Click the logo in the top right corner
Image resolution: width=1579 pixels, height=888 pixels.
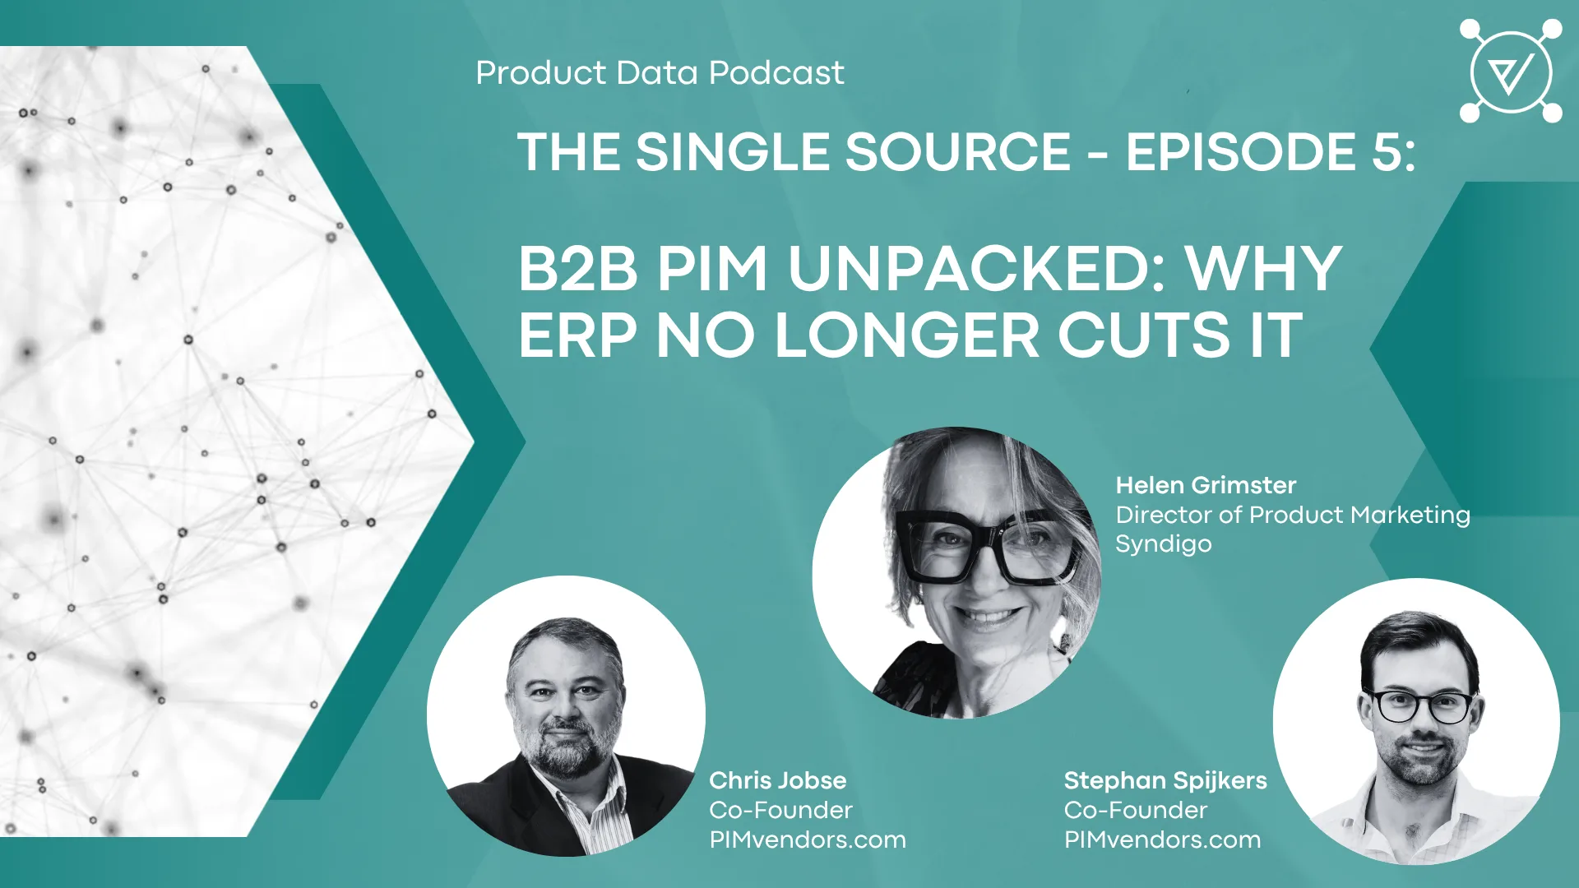pos(1511,72)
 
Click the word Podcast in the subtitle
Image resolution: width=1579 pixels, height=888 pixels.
pos(776,73)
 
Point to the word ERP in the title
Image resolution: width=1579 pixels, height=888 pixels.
pos(577,335)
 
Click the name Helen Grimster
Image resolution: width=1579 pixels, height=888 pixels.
pos(1206,485)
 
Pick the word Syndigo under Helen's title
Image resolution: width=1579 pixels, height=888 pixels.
pos(1164,544)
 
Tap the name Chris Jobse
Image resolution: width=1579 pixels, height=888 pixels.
pos(777,780)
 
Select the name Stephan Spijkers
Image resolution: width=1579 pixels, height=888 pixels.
pos(1165,780)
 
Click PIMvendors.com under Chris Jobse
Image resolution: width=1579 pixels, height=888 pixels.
pos(808,839)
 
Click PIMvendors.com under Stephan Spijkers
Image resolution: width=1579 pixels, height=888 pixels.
pos(1162,839)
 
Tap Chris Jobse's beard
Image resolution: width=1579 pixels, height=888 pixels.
pos(566,740)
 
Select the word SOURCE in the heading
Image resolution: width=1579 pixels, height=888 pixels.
pos(958,152)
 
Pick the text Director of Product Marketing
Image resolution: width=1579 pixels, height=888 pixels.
pos(1293,516)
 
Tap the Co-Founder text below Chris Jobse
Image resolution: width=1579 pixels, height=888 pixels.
pos(780,811)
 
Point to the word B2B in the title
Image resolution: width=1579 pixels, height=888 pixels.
pos(577,269)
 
